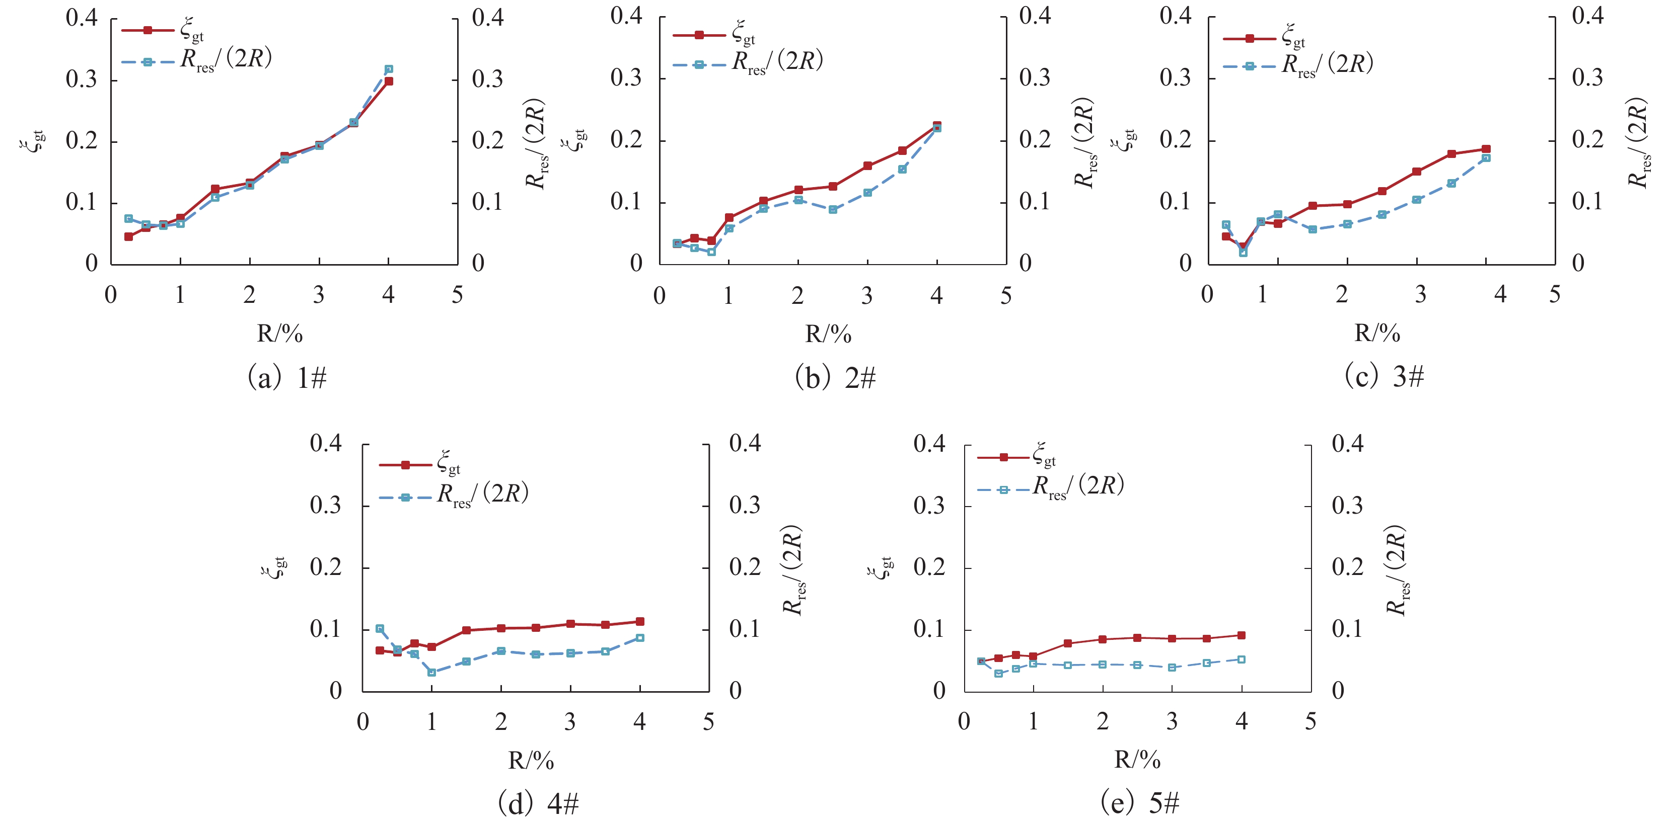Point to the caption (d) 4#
[x=538, y=804]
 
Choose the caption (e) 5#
[x=1139, y=803]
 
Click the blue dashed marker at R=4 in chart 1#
[x=389, y=69]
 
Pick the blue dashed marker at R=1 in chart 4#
[x=432, y=672]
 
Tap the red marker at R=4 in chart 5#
[x=1242, y=635]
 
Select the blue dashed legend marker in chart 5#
[x=1003, y=489]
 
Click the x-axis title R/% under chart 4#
[x=531, y=760]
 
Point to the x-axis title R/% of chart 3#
[x=1377, y=333]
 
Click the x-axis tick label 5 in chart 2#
[x=1006, y=296]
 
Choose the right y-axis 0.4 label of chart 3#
[x=1588, y=16]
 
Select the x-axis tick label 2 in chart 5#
[x=1103, y=721]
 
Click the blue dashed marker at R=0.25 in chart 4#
[x=380, y=628]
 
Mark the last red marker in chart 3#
[x=1486, y=149]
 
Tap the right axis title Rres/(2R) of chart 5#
[x=1396, y=570]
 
